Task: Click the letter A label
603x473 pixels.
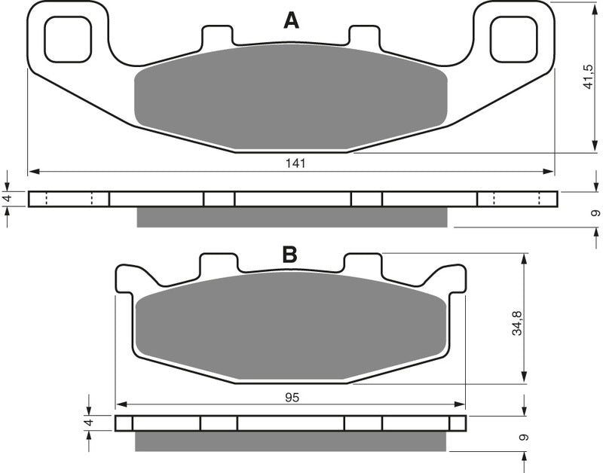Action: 291,20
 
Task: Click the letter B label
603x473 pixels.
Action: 289,254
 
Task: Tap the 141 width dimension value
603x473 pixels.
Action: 295,163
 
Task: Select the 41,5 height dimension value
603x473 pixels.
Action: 589,77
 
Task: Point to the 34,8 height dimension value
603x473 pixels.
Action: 517,323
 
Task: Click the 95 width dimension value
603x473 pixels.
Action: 292,397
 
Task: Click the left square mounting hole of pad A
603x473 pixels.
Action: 68,40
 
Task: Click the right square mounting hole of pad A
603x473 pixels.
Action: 514,40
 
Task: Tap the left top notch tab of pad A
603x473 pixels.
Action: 217,35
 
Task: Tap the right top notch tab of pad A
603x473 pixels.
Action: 365,35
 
